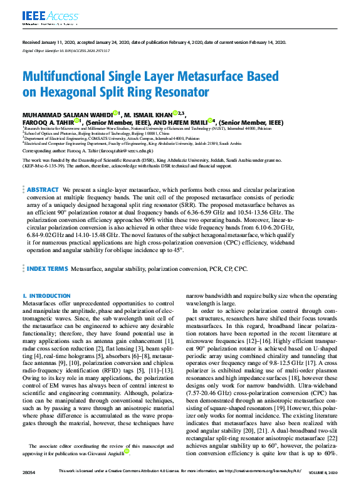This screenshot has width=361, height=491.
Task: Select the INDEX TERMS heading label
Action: (47, 268)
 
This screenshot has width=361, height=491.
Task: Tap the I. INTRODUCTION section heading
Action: (46, 295)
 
